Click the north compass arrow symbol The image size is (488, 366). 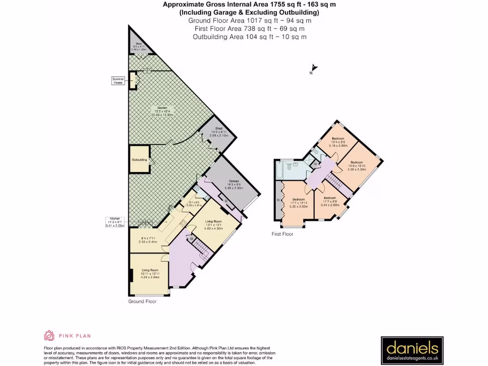coord(314,69)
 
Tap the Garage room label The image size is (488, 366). coord(234,184)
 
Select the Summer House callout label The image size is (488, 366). coord(118,81)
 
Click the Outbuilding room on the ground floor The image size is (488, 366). coord(139,160)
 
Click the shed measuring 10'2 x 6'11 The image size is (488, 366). coord(219,132)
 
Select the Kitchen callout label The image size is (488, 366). coord(114,222)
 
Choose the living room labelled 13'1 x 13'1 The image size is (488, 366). coord(213,224)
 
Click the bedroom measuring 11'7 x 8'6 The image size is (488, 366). coord(330,201)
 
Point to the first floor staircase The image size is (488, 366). coord(335,182)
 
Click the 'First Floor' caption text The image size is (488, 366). coord(283,234)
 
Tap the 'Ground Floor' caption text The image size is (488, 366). coord(142,301)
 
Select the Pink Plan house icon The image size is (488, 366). coord(49,336)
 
